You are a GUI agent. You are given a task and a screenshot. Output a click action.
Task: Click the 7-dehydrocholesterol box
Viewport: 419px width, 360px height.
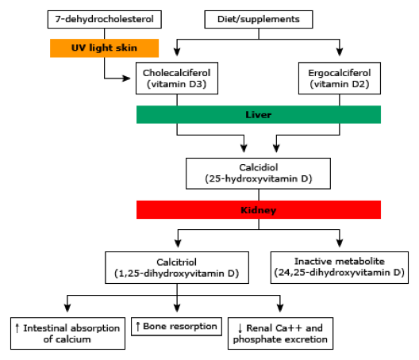tap(105, 19)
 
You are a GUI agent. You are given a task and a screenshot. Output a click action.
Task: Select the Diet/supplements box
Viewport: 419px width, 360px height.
tap(259, 19)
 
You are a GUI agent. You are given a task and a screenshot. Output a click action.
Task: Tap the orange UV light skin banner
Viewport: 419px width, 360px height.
tap(104, 48)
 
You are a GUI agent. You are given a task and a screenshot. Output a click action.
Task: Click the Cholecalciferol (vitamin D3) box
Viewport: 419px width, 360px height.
tap(177, 79)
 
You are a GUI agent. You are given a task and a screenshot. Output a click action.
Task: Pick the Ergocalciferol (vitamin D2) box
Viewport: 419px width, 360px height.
tap(340, 79)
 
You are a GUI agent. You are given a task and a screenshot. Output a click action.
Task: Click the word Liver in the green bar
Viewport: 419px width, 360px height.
tap(259, 115)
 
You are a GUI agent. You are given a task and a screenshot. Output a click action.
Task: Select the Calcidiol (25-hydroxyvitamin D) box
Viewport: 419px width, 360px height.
tap(258, 174)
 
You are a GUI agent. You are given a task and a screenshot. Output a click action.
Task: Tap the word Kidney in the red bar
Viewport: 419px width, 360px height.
tap(259, 210)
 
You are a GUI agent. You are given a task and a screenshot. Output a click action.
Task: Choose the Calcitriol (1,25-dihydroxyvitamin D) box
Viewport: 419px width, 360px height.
tap(177, 267)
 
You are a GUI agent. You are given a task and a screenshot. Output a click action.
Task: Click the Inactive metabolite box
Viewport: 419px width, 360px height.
tap(340, 267)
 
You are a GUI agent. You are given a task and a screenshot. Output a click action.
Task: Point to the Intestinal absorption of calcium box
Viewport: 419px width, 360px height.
tap(68, 333)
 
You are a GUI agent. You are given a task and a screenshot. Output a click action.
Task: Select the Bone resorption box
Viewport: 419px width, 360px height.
tap(176, 327)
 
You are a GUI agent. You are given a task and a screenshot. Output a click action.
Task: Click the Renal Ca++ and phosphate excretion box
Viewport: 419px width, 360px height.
tap(280, 333)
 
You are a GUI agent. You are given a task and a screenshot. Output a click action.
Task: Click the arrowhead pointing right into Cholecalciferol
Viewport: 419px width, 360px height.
tap(127, 79)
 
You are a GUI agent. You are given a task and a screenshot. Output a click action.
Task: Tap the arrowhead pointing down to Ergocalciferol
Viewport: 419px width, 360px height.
tap(340, 52)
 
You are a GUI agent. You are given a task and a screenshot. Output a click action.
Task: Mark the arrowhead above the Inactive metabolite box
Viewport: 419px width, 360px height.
tap(340, 243)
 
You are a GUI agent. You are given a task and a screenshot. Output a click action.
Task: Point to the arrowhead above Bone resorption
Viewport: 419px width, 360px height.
tap(177, 308)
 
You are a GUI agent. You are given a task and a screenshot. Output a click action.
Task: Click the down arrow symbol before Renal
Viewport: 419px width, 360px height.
tap(240, 328)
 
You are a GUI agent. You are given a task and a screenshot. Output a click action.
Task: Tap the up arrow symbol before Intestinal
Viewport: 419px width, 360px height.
tap(17, 328)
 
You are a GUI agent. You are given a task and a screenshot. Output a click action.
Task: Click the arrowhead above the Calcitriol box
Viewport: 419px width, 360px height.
tap(178, 243)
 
